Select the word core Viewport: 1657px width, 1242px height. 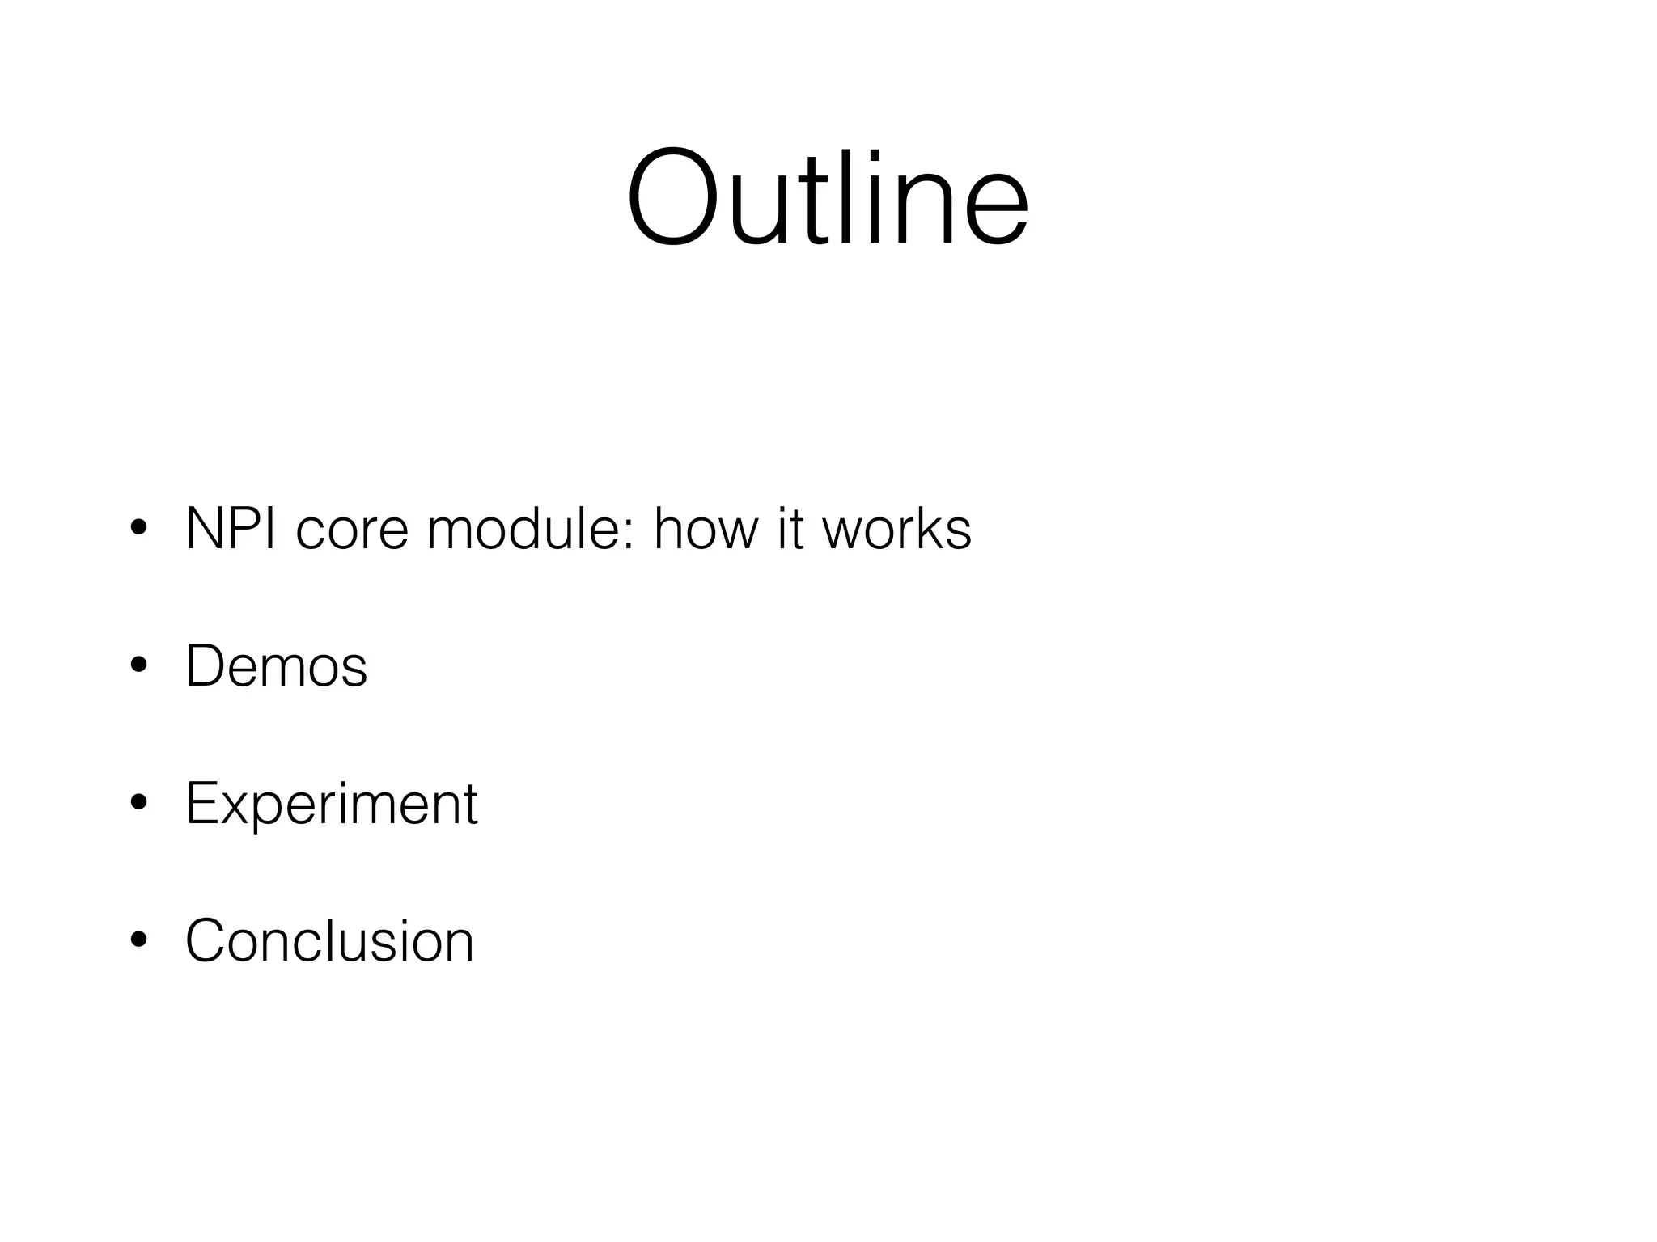coord(352,530)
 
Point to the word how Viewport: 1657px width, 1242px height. coord(706,529)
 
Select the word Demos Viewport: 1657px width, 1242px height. coord(276,666)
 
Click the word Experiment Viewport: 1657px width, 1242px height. coord(331,804)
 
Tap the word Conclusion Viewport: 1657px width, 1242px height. coord(329,940)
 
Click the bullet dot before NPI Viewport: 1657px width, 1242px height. coord(138,529)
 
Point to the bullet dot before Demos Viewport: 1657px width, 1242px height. coord(138,666)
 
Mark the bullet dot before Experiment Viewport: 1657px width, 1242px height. coord(138,804)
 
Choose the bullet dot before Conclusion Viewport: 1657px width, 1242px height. coord(138,940)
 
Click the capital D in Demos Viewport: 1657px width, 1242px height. coord(207,666)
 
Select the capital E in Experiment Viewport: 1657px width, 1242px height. coord(202,804)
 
